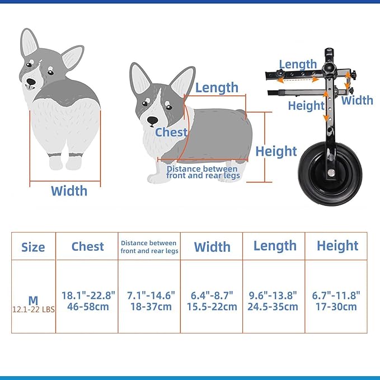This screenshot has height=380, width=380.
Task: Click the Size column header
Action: (x=33, y=247)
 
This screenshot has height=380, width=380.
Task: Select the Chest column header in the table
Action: (x=87, y=246)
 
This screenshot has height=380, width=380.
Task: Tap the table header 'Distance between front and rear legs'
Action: (x=149, y=247)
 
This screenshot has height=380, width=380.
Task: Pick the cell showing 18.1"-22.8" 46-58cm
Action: (x=87, y=301)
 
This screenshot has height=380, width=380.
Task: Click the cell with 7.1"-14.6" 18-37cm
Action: (x=149, y=301)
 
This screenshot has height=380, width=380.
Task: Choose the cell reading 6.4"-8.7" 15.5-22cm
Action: (x=212, y=301)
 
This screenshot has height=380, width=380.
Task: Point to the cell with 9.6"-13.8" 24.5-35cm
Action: (x=274, y=301)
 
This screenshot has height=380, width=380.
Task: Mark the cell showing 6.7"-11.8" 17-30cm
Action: (x=337, y=301)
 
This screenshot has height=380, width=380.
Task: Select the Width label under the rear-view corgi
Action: (x=69, y=191)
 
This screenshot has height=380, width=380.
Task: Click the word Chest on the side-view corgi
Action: (x=171, y=132)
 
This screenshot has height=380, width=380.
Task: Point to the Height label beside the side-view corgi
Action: (x=276, y=151)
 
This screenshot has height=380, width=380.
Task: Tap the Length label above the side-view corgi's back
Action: (x=217, y=87)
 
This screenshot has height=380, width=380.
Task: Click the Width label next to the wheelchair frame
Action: (x=357, y=100)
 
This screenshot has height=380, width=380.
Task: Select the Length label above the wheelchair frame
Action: (x=298, y=64)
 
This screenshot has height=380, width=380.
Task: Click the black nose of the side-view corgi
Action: (x=152, y=120)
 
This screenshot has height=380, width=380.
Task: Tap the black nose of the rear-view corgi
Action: (x=31, y=82)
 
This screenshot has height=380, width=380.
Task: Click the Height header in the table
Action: (x=337, y=246)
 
